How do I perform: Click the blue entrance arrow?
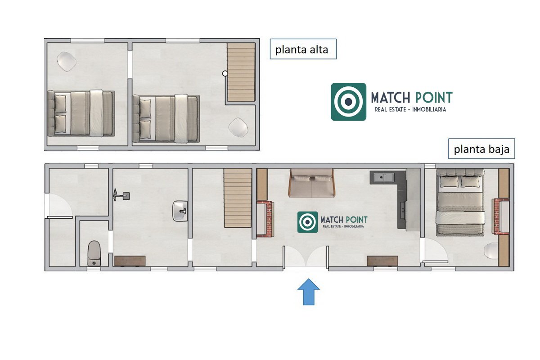click(x=309, y=292)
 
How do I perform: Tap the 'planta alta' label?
click(x=302, y=49)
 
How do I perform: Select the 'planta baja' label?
click(x=481, y=149)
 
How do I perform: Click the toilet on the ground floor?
click(x=94, y=253)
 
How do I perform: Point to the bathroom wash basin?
click(x=180, y=211)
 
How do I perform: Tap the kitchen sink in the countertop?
click(x=383, y=177)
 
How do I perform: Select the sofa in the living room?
click(x=311, y=183)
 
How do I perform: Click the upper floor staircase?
click(x=241, y=72)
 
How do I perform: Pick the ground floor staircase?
click(x=238, y=198)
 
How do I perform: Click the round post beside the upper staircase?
click(x=225, y=73)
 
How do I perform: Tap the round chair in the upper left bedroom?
click(x=67, y=62)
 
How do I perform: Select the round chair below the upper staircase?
click(x=238, y=127)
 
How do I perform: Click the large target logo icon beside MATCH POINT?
click(x=348, y=102)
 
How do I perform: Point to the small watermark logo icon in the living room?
click(x=307, y=222)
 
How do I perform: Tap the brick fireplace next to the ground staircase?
click(x=265, y=219)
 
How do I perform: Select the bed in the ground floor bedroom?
click(x=460, y=202)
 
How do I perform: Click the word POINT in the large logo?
click(x=434, y=97)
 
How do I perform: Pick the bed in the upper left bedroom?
click(x=81, y=113)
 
